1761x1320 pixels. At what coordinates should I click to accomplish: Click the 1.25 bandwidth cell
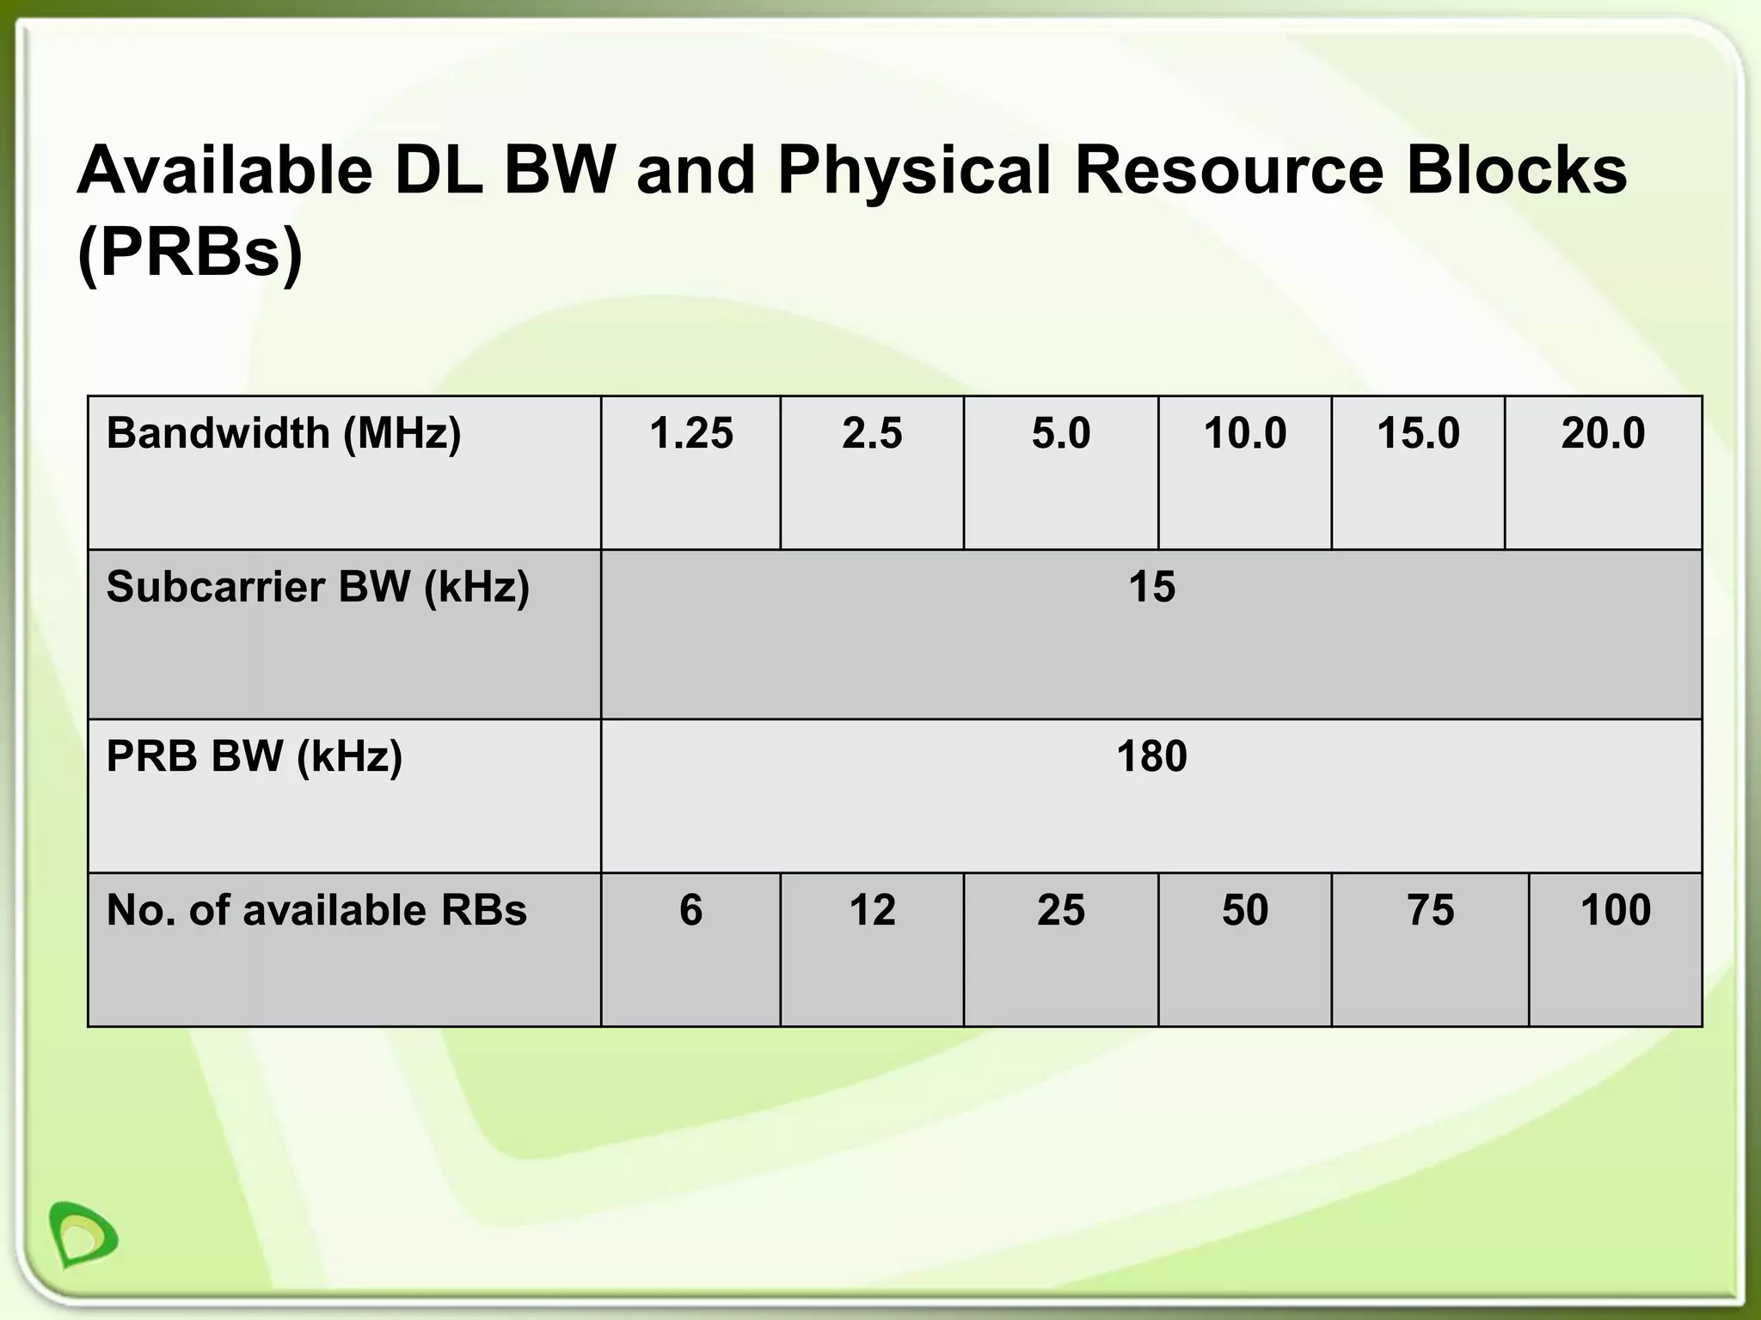click(x=691, y=433)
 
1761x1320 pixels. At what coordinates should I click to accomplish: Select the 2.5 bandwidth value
click(x=872, y=433)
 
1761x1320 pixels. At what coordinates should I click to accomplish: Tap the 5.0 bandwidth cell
click(x=1061, y=433)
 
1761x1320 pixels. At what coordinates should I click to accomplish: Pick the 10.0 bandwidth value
click(x=1244, y=433)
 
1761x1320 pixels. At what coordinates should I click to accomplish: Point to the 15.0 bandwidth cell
click(x=1418, y=433)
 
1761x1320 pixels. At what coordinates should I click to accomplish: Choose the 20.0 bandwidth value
click(x=1603, y=433)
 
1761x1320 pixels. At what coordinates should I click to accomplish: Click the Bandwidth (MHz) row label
click(x=284, y=433)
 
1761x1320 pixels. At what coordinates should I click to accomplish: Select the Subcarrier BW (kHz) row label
click(x=317, y=587)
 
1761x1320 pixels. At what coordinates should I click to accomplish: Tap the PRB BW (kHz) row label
click(x=254, y=757)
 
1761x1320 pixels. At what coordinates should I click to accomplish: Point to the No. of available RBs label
click(x=316, y=910)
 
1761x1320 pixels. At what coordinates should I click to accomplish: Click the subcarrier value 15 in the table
click(x=1151, y=587)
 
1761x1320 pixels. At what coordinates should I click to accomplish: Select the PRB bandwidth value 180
click(x=1151, y=757)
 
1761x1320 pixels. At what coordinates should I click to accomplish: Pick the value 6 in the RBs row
click(x=690, y=910)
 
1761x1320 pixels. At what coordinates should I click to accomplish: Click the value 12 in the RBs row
click(x=872, y=910)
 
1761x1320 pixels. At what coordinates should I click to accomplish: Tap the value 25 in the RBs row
click(x=1061, y=910)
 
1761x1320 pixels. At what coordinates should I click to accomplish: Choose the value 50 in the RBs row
click(x=1244, y=910)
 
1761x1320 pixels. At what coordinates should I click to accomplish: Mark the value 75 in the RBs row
click(x=1430, y=910)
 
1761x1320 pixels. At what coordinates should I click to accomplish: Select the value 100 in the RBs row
click(x=1615, y=910)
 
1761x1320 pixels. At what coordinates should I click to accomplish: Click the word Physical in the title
click(x=914, y=172)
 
